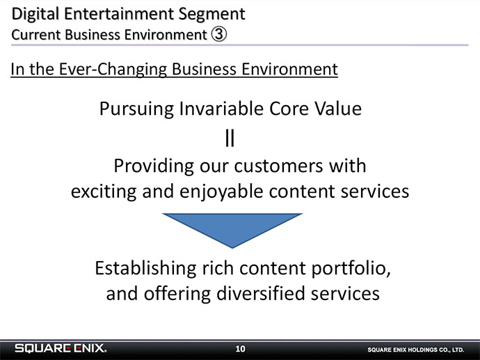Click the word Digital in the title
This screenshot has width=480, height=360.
point(35,15)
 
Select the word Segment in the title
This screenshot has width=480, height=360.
point(211,15)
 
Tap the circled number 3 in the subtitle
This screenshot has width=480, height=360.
point(219,34)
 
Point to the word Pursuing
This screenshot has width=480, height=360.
point(136,109)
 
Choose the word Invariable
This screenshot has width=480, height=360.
point(221,109)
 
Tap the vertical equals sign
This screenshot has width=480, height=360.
point(230,138)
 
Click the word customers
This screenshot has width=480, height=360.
point(278,166)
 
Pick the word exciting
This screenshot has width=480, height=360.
point(104,192)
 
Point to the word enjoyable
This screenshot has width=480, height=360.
point(221,192)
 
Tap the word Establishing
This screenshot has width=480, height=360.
point(145,269)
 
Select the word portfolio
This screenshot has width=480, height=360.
point(351,269)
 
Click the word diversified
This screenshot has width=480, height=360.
point(261,294)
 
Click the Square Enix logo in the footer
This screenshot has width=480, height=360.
point(61,348)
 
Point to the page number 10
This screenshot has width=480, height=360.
point(240,349)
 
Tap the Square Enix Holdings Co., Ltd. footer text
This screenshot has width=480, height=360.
point(416,350)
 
